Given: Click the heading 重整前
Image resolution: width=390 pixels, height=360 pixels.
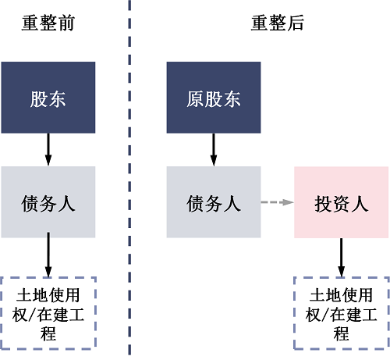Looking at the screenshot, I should point(48,23).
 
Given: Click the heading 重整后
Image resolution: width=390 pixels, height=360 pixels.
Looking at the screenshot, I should point(277,23).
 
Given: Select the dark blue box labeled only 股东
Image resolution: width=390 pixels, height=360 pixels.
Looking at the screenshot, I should point(48,98).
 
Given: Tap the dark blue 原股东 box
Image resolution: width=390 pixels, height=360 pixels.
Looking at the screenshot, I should point(214,98).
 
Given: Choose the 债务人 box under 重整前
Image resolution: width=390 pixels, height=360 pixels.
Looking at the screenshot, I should point(48,202).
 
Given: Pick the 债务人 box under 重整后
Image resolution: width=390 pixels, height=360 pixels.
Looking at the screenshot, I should point(214,202).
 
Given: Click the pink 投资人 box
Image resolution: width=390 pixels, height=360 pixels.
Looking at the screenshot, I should point(341,202).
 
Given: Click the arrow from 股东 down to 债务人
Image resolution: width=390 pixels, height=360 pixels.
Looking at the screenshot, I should point(48,149).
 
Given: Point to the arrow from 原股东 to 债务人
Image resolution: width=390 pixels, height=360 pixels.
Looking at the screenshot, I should point(214,149).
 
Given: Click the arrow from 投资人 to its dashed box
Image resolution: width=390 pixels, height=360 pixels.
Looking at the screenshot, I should point(341,257).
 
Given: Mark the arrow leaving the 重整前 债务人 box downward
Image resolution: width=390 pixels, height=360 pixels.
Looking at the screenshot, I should point(48,257).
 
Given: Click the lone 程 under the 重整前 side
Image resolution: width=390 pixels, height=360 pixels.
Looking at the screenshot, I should point(48,333).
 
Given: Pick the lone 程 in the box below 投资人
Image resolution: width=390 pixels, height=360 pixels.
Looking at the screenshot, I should point(341,333).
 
